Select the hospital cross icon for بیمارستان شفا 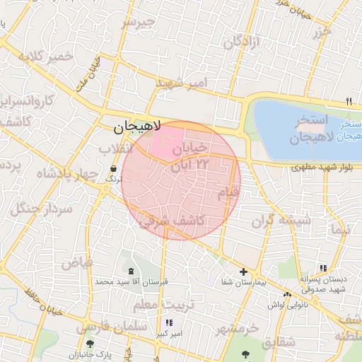(243, 271)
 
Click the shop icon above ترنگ (114, 168)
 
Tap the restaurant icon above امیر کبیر (168, 322)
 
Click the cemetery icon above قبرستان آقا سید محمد (130, 271)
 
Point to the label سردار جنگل (33, 209)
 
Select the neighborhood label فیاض (77, 262)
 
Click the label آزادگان (243, 42)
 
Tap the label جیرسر (138, 23)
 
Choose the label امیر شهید (183, 83)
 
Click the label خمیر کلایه (46, 56)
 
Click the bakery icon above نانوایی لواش (287, 294)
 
